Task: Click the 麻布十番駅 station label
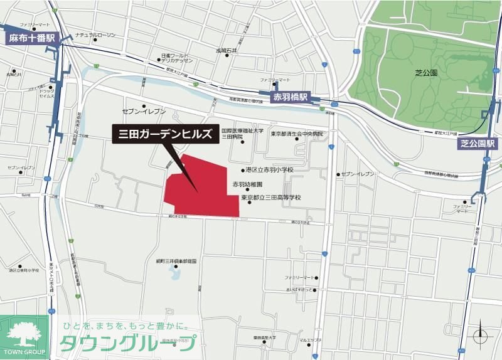(x=31, y=38)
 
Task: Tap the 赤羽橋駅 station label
(x=290, y=98)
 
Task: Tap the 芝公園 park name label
(x=424, y=73)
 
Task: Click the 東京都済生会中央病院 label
(x=297, y=134)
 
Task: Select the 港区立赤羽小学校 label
(x=270, y=170)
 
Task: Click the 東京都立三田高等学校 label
(x=271, y=198)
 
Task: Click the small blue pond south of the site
(x=174, y=273)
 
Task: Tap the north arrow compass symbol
(x=480, y=333)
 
